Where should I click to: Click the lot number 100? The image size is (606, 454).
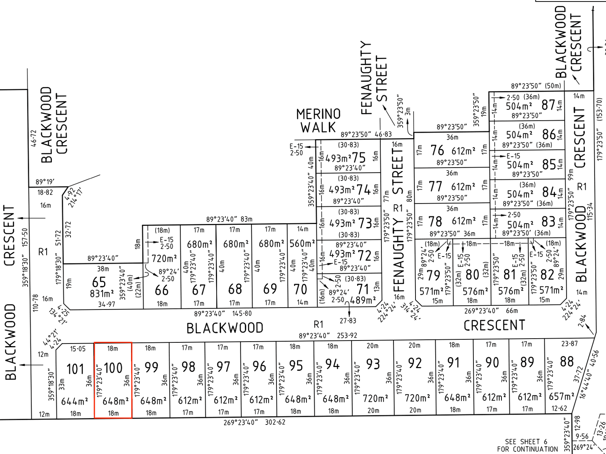tap(113, 368)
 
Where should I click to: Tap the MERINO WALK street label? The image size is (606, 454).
tap(318, 121)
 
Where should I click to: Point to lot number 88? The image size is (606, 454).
tap(567, 362)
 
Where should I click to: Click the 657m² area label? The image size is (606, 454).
tap(561, 396)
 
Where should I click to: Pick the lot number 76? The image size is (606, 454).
tap(437, 151)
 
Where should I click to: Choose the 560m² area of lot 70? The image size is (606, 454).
tap(302, 244)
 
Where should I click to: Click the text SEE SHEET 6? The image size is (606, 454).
tap(526, 442)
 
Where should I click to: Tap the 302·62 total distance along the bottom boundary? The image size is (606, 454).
tap(275, 422)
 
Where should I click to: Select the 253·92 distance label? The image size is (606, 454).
tap(347, 336)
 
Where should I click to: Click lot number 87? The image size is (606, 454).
tap(548, 105)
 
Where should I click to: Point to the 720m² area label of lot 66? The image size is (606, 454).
tap(164, 259)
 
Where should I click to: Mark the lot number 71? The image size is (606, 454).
tap(363, 289)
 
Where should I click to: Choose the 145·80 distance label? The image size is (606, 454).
tap(241, 314)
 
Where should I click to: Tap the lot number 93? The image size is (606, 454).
tap(373, 364)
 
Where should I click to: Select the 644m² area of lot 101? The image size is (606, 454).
tap(75, 401)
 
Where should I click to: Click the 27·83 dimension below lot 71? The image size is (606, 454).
tap(348, 321)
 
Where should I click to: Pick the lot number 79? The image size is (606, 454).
tap(433, 275)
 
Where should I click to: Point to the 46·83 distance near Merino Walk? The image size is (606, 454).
tap(383, 134)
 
